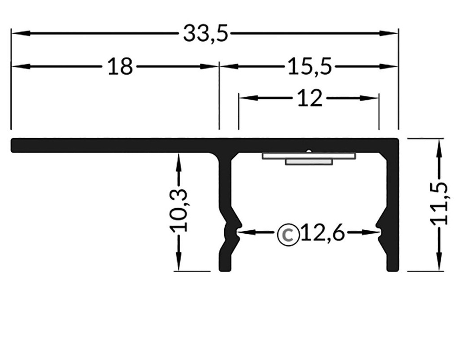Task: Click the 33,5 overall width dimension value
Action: pos(205,34)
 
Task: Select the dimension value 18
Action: pos(120,67)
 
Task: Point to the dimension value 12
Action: pos(310,98)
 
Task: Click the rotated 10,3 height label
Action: pos(179,211)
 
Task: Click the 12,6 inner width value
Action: pos(322,233)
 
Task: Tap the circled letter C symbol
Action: pos(288,233)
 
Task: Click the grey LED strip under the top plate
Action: pos(309,158)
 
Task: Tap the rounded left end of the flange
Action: pos(14,145)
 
